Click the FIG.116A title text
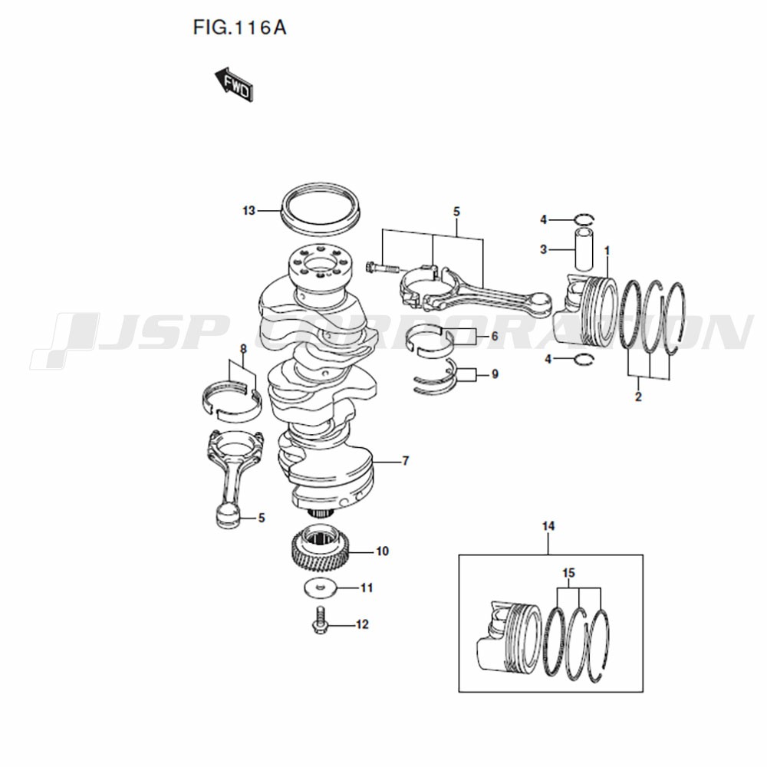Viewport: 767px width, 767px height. [239, 28]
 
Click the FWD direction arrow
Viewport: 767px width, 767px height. [234, 84]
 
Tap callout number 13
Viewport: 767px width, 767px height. [249, 210]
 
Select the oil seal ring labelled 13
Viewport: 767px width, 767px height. [321, 207]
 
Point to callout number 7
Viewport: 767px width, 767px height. [405, 461]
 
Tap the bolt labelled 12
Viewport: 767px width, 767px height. [320, 619]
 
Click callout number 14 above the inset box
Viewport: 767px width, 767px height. [548, 526]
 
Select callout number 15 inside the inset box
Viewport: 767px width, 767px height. [569, 573]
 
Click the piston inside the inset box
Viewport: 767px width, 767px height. [509, 637]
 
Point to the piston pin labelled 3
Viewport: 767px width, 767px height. [583, 249]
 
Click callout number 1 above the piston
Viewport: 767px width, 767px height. [607, 251]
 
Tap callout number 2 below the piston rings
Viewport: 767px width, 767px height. [638, 397]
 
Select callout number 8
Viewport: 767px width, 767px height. [243, 349]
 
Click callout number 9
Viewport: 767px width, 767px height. [495, 374]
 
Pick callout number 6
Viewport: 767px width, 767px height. [495, 336]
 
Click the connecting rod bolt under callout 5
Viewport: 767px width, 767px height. [382, 268]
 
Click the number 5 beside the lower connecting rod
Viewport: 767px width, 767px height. [262, 518]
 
